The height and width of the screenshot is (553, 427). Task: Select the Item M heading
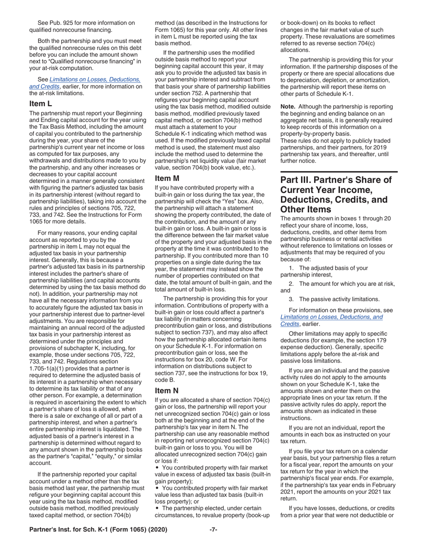pyautogui.click(x=167, y=178)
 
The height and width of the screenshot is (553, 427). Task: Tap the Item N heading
pyautogui.click(x=166, y=391)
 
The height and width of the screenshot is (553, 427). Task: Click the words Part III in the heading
pyautogui.click(x=297, y=180)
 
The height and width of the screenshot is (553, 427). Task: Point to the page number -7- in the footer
pyautogui.click(x=213, y=530)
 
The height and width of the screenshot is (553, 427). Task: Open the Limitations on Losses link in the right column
pyautogui.click(x=331, y=317)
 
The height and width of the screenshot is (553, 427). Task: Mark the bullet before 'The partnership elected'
pyautogui.click(x=157, y=509)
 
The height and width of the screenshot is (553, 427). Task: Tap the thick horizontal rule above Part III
pyautogui.click(x=339, y=172)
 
